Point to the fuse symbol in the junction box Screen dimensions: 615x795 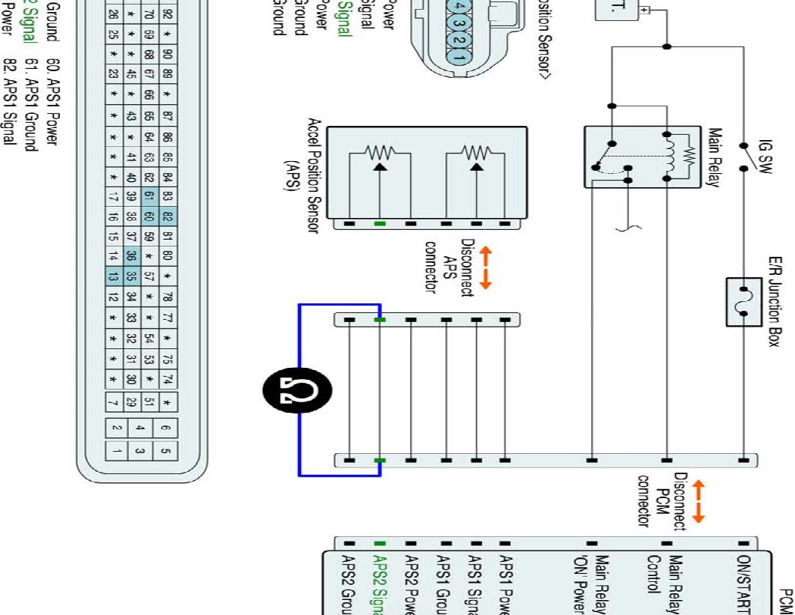click(744, 302)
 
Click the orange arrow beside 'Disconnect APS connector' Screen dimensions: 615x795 click(485, 267)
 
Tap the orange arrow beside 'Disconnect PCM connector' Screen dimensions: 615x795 click(699, 501)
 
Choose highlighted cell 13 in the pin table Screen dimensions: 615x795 click(113, 276)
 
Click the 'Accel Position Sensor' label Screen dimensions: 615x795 click(314, 176)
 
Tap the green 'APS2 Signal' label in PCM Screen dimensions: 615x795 click(380, 585)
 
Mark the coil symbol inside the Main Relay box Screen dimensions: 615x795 click(671, 157)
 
